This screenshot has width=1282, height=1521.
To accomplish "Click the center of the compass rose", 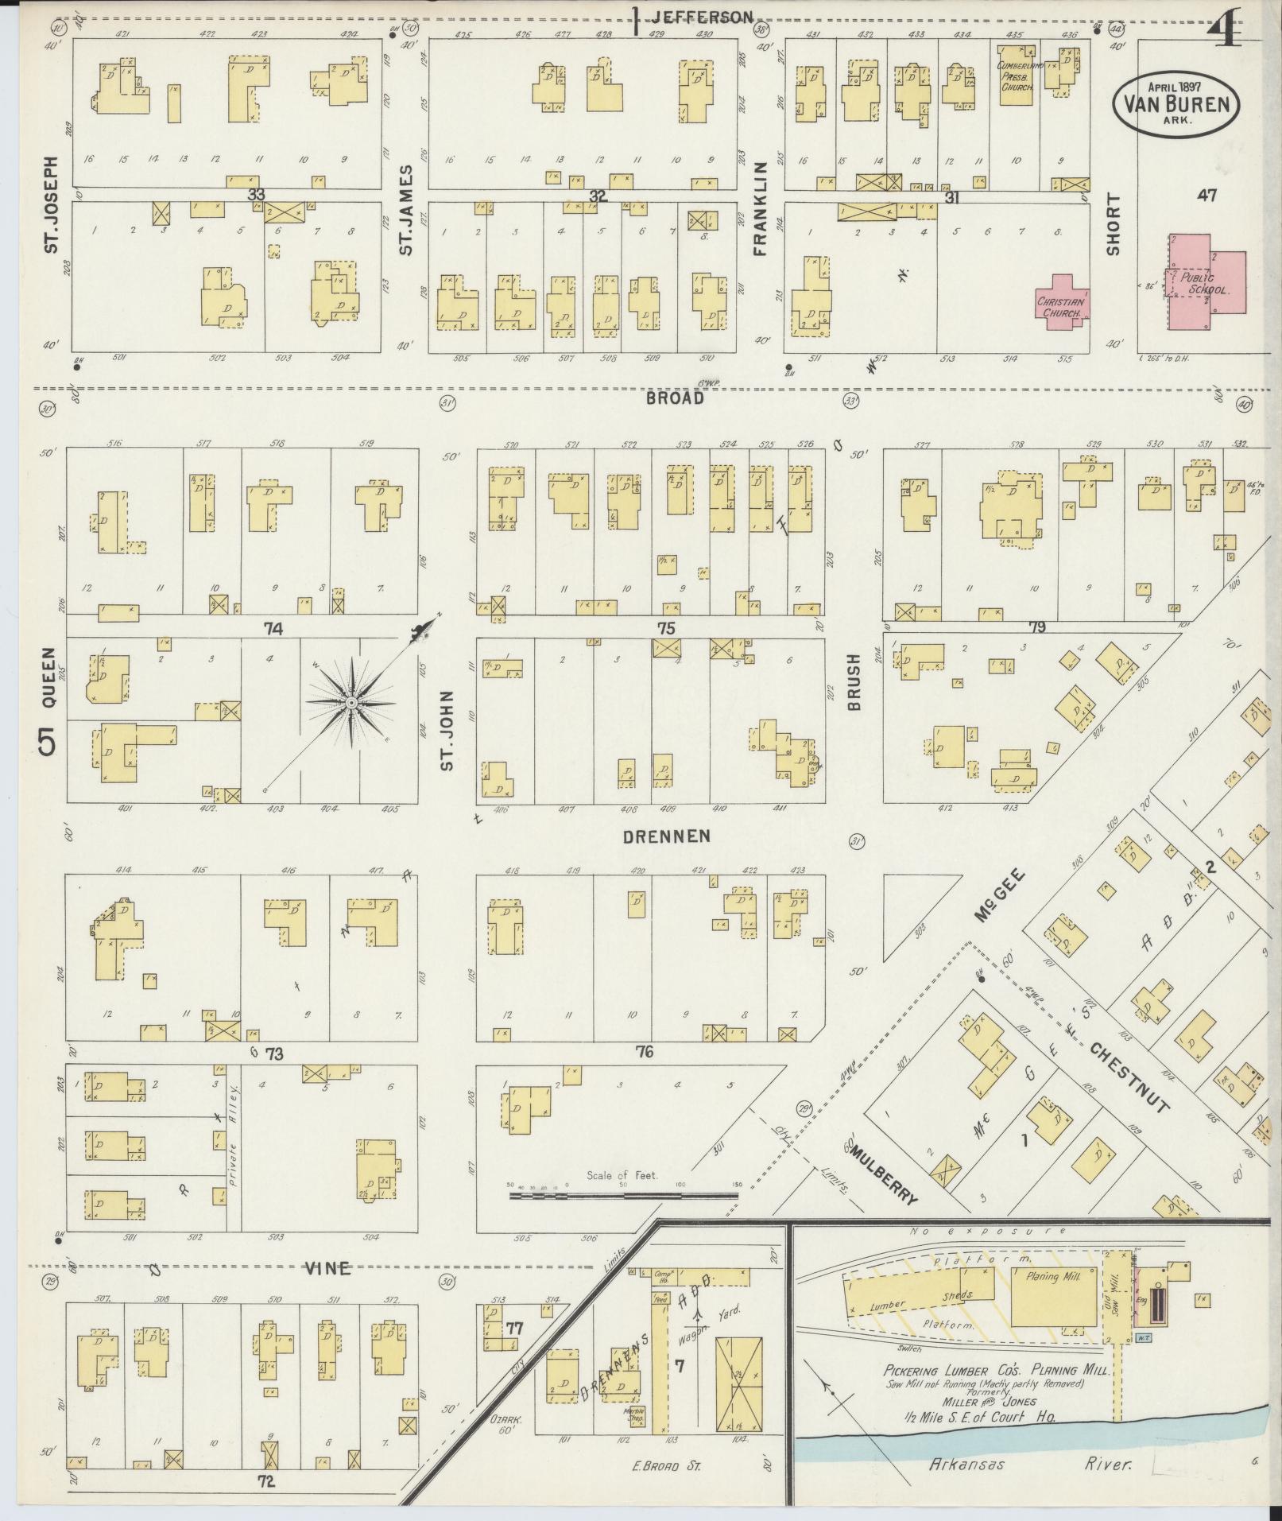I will [x=351, y=704].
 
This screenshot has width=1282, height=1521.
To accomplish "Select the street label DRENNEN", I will [x=666, y=836].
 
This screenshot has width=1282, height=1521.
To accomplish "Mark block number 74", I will [x=273, y=629].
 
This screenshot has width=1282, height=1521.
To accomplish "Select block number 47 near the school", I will [x=1206, y=196].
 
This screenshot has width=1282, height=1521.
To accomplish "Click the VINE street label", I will [x=328, y=1269].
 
